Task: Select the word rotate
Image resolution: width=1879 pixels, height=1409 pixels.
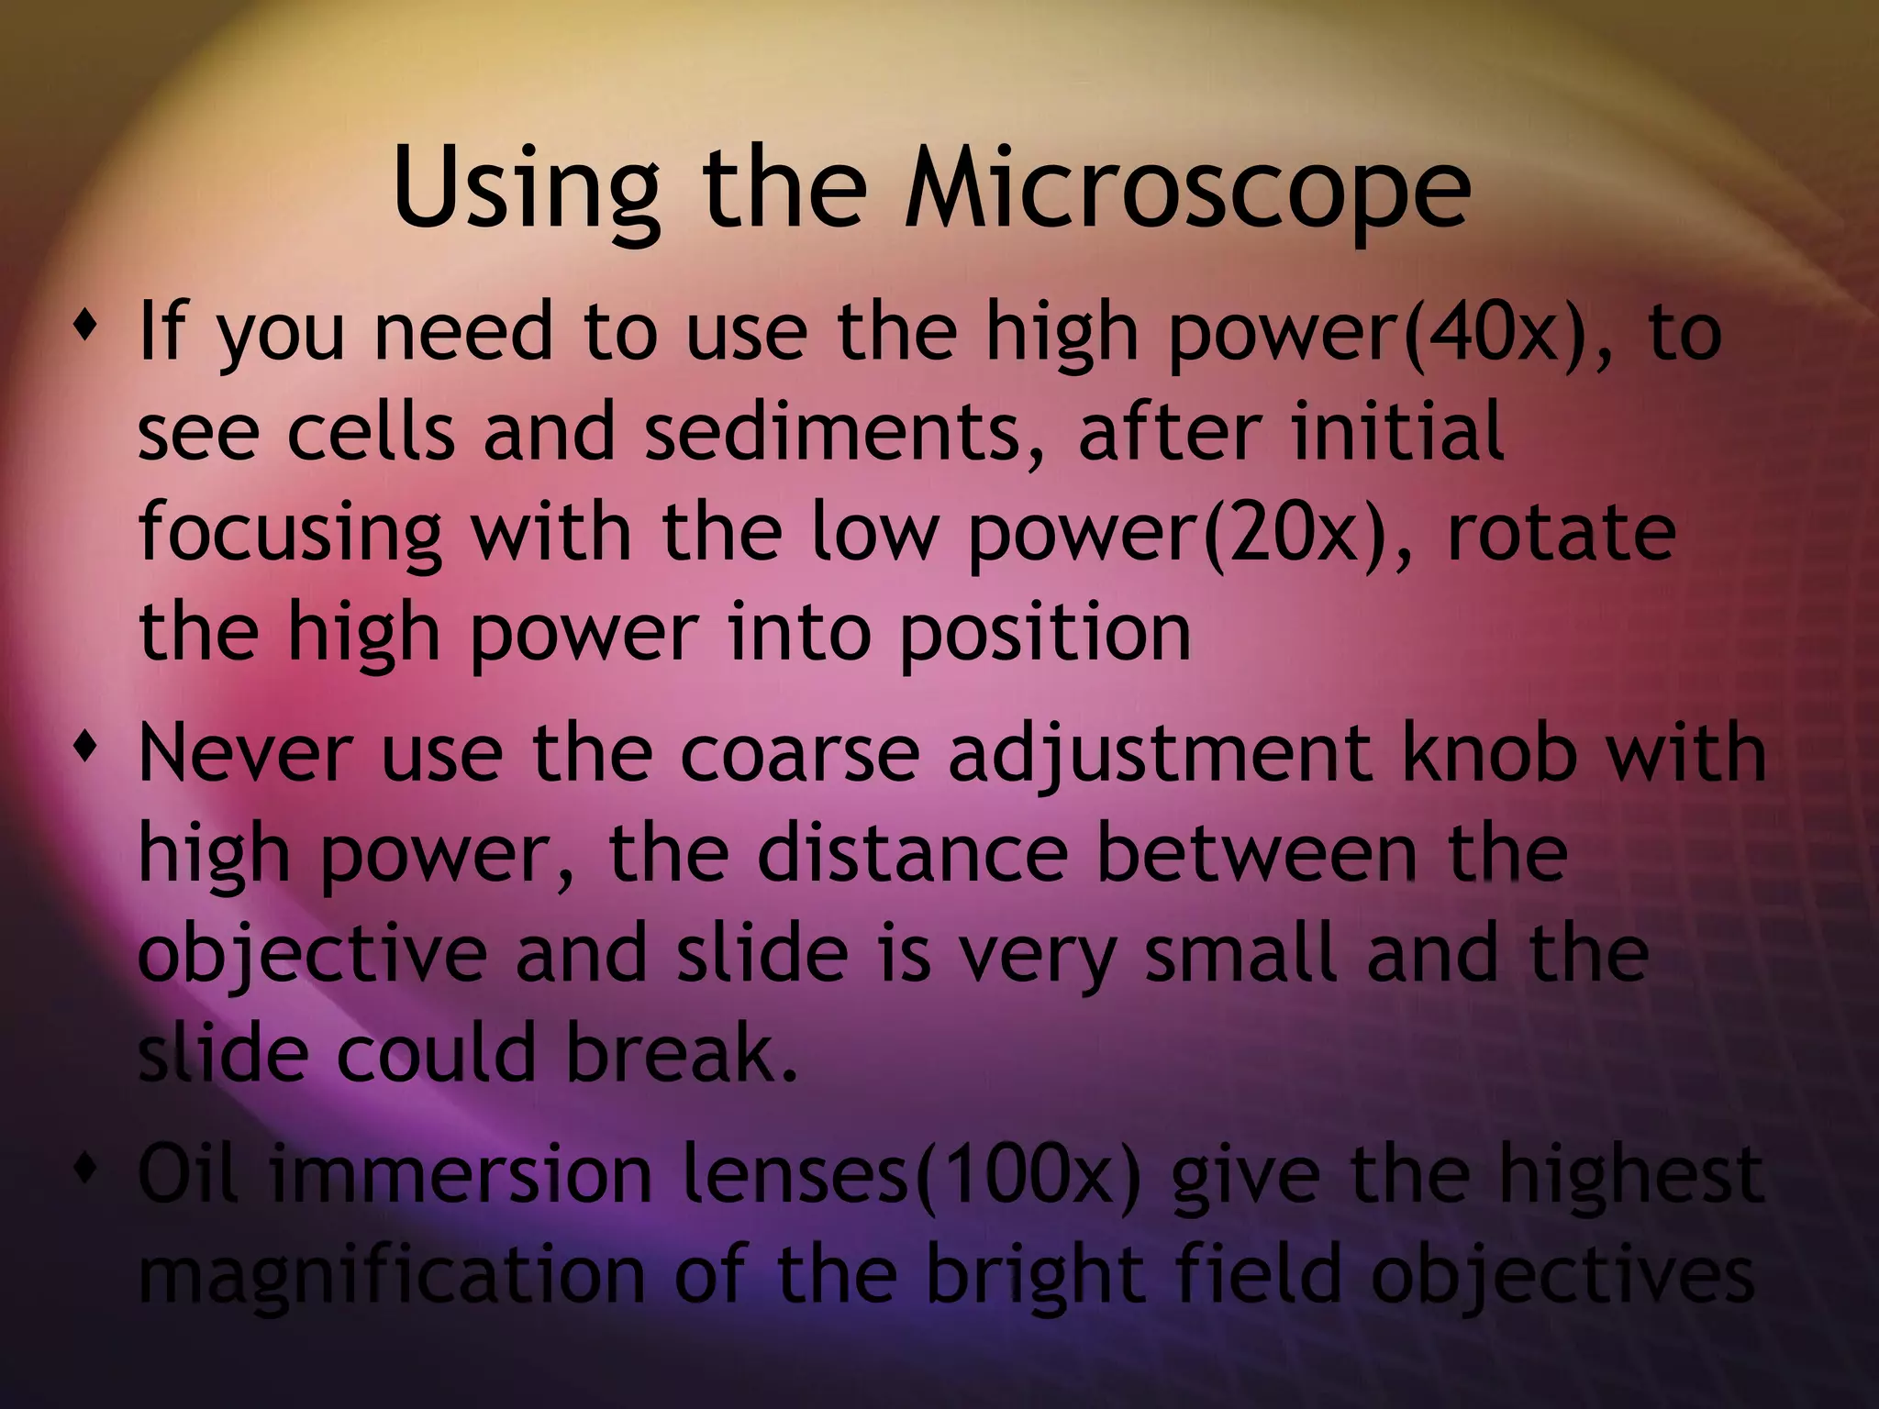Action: (x=1561, y=534)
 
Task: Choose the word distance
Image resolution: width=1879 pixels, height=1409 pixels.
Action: (x=912, y=853)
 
